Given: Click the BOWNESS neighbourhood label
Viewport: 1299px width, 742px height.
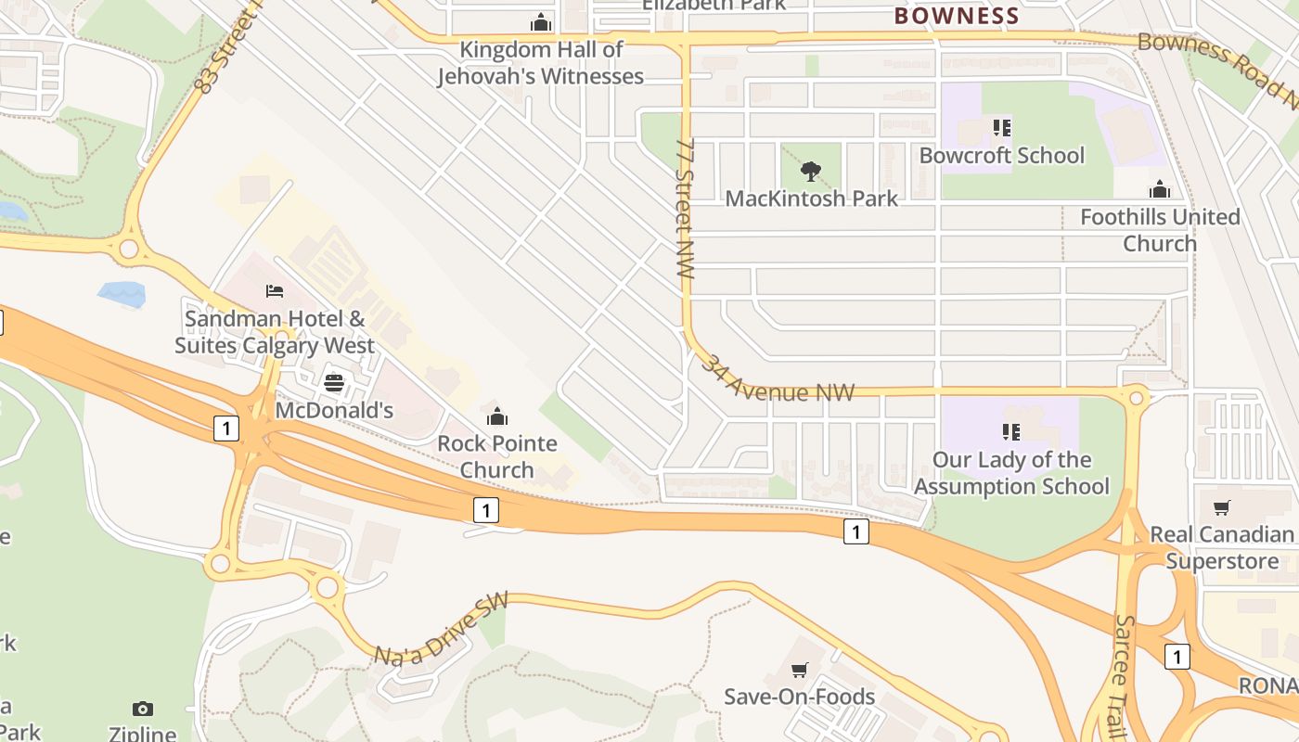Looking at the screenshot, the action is [957, 16].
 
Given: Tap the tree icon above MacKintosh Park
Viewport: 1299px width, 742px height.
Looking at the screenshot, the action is [811, 172].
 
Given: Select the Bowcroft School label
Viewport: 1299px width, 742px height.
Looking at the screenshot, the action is [1001, 155].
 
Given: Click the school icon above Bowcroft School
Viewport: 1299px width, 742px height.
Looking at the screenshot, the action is [1001, 128].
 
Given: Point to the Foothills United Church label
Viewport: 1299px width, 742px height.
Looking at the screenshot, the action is [1160, 229].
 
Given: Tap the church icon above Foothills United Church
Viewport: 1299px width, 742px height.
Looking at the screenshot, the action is [1160, 190].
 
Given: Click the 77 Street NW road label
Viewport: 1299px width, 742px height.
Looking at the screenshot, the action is [686, 210].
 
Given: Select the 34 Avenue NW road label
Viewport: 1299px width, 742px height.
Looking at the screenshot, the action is [777, 380].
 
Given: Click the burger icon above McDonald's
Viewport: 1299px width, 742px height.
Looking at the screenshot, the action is [334, 383].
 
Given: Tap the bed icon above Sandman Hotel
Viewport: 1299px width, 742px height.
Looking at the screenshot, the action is [275, 291].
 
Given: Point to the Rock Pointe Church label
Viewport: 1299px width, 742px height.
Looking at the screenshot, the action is [497, 456].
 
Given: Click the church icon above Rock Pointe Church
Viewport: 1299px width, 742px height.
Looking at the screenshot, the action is [497, 416].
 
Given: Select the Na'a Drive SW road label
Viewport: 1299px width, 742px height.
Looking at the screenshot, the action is [442, 629].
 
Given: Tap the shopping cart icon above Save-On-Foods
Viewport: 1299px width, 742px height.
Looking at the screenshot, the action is [799, 670].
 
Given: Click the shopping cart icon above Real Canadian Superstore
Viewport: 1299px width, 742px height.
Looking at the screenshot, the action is [1222, 507].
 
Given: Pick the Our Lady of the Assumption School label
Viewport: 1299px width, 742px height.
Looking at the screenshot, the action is [1011, 473].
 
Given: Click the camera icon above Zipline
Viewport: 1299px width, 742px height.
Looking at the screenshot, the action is [142, 709].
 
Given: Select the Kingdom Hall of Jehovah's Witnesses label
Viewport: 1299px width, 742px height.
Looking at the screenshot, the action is [541, 62].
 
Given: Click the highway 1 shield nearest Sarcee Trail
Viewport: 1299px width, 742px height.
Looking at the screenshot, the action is [1177, 657].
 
